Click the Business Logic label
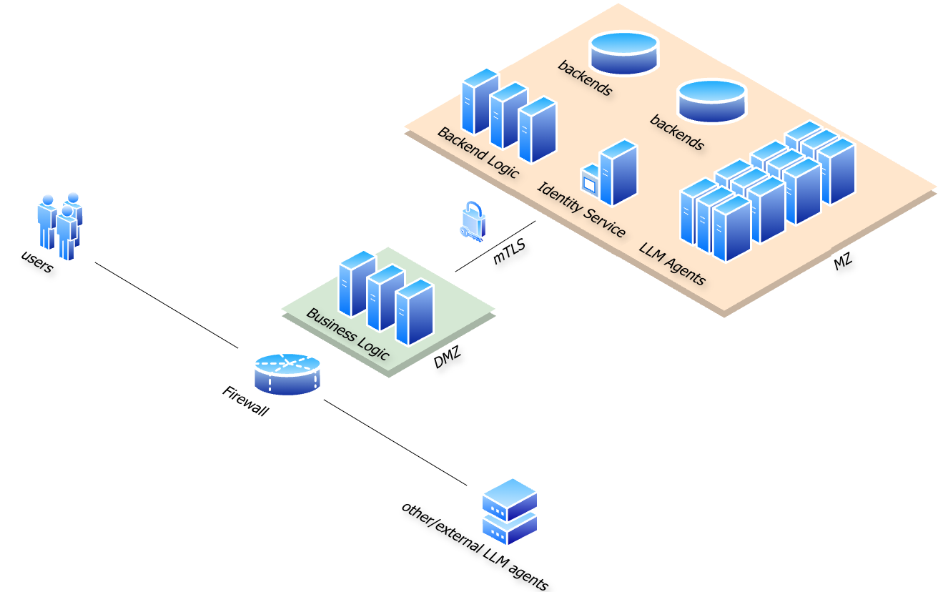click(x=347, y=334)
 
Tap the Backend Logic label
click(x=478, y=153)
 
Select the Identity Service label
click(x=581, y=210)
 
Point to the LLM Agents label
click(x=672, y=264)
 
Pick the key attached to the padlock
click(x=468, y=233)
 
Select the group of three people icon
click(x=60, y=226)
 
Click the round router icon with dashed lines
click(x=287, y=373)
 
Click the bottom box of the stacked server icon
click(x=510, y=528)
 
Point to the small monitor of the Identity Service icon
click(x=590, y=182)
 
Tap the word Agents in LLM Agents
click(x=684, y=271)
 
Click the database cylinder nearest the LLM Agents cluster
click(x=711, y=100)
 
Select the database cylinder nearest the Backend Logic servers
click(x=623, y=52)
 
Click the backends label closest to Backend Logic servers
click(x=585, y=77)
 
